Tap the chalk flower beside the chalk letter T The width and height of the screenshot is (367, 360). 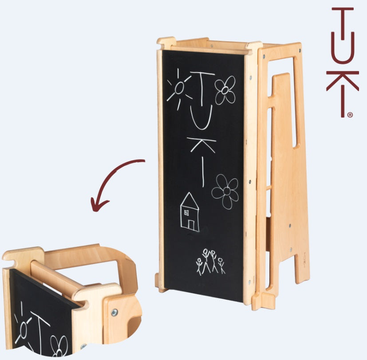click(225, 90)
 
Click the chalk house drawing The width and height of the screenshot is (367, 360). click(190, 212)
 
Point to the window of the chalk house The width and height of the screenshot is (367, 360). click(186, 213)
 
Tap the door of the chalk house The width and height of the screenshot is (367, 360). click(191, 225)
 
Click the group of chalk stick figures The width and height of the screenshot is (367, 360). click(210, 262)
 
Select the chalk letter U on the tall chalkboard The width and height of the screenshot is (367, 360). click(201, 117)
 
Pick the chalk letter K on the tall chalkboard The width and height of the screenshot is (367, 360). click(201, 145)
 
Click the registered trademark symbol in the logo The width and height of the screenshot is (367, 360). click(350, 115)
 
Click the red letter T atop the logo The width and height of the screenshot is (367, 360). click(343, 21)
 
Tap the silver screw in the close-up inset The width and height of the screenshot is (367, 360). click(114, 312)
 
